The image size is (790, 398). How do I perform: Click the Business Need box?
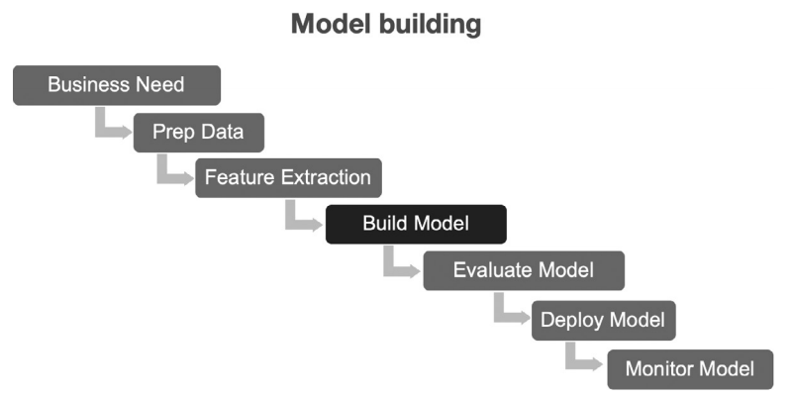point(116,85)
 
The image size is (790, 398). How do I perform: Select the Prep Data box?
point(198,131)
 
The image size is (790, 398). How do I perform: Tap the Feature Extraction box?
point(287,178)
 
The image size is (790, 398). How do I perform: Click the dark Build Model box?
point(416,224)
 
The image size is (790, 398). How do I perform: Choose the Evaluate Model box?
point(523,270)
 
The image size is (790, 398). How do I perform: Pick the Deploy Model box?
point(603,321)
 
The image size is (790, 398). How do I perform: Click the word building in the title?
point(428,25)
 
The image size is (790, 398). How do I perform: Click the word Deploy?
point(571,321)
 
